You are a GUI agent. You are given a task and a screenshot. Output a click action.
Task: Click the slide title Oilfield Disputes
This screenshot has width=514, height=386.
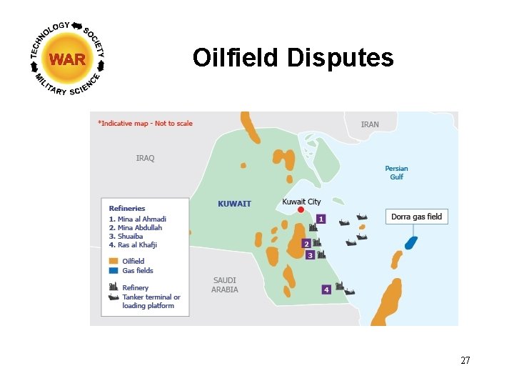point(293,58)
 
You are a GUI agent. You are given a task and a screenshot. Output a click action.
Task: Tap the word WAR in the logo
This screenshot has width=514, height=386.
point(68,59)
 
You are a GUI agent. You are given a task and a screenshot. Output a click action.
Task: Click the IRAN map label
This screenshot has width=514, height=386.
point(370,124)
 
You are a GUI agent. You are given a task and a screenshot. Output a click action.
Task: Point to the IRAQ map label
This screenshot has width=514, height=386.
point(145,158)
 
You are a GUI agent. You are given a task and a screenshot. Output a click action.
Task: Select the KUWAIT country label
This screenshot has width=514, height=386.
point(234,204)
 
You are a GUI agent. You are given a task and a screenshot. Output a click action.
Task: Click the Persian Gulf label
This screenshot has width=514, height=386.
point(396,173)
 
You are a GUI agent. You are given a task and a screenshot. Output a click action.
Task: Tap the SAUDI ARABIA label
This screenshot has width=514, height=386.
point(225,284)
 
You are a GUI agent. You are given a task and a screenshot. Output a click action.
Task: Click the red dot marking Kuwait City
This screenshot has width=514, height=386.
point(301,209)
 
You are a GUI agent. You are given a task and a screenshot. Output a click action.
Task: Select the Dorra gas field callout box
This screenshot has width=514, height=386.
point(417,217)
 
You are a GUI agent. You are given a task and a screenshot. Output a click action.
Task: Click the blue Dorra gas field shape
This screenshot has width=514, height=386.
point(410,242)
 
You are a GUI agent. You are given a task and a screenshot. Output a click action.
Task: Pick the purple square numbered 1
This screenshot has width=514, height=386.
point(321,219)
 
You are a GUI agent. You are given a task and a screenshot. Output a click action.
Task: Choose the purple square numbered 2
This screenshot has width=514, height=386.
point(306,244)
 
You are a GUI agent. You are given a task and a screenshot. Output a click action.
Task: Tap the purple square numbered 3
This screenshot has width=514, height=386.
point(310,255)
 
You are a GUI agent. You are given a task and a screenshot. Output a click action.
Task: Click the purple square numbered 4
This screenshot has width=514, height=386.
point(326,289)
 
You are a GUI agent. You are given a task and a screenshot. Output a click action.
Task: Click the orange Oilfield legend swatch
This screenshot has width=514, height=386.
point(114,262)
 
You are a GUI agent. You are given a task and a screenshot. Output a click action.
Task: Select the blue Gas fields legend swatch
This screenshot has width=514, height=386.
point(114,271)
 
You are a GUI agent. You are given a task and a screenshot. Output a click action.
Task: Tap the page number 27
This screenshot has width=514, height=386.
point(465,360)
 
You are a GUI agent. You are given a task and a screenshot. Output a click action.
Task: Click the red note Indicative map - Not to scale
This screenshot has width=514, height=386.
point(146,123)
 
